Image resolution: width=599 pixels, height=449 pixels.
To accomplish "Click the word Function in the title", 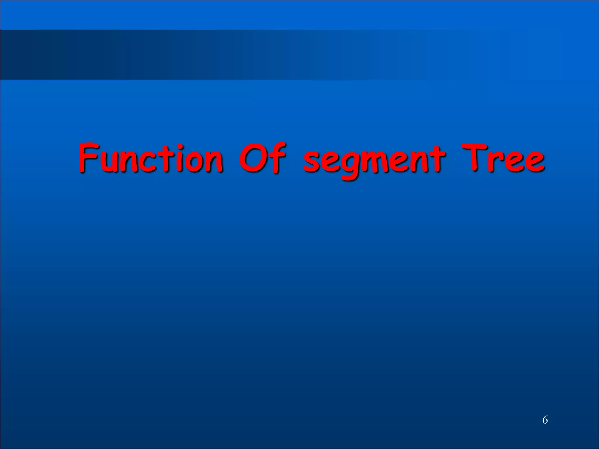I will [x=151, y=158].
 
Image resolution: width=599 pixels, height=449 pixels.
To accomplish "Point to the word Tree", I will [x=503, y=158].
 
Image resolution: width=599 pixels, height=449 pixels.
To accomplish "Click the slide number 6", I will [x=545, y=420].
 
